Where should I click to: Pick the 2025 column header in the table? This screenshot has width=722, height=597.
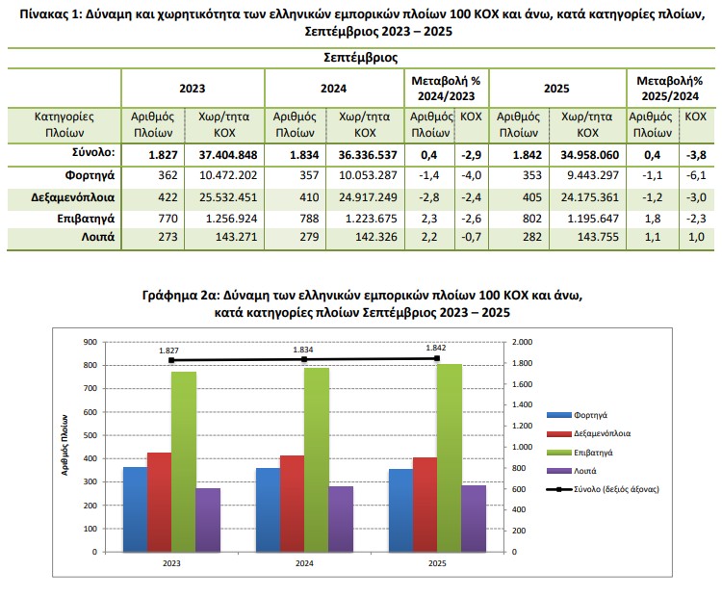pyautogui.click(x=556, y=89)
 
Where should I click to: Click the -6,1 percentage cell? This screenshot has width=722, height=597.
pyautogui.click(x=693, y=176)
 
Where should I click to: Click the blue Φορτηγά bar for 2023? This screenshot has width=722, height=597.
pyautogui.click(x=135, y=509)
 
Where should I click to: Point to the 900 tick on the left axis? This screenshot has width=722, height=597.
pyautogui.click(x=90, y=342)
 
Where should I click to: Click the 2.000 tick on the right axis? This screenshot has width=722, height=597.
pyautogui.click(x=524, y=342)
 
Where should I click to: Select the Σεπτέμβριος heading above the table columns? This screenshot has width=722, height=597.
pyautogui.click(x=361, y=58)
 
